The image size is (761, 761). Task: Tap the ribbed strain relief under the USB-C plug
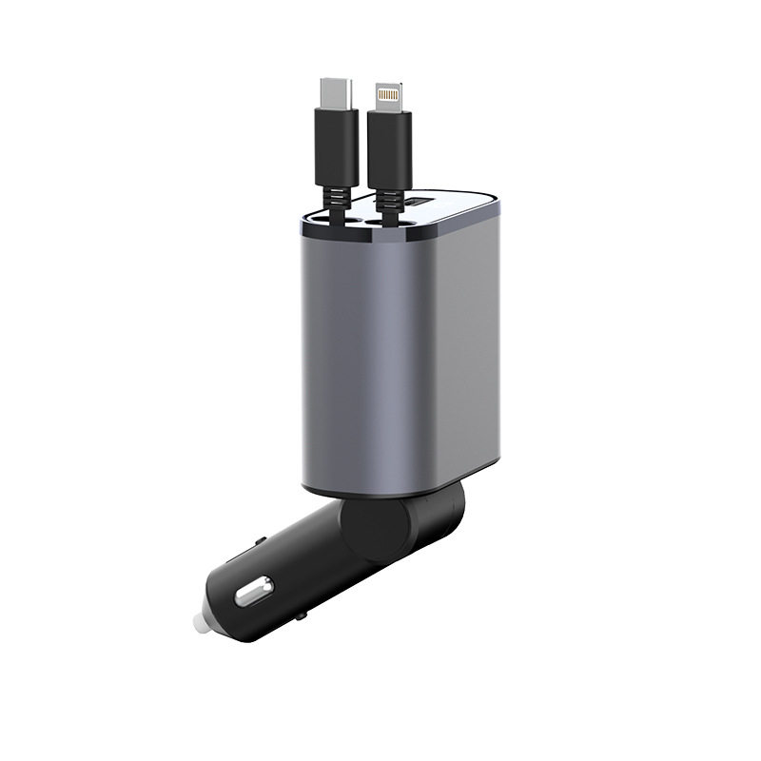[335, 196]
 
